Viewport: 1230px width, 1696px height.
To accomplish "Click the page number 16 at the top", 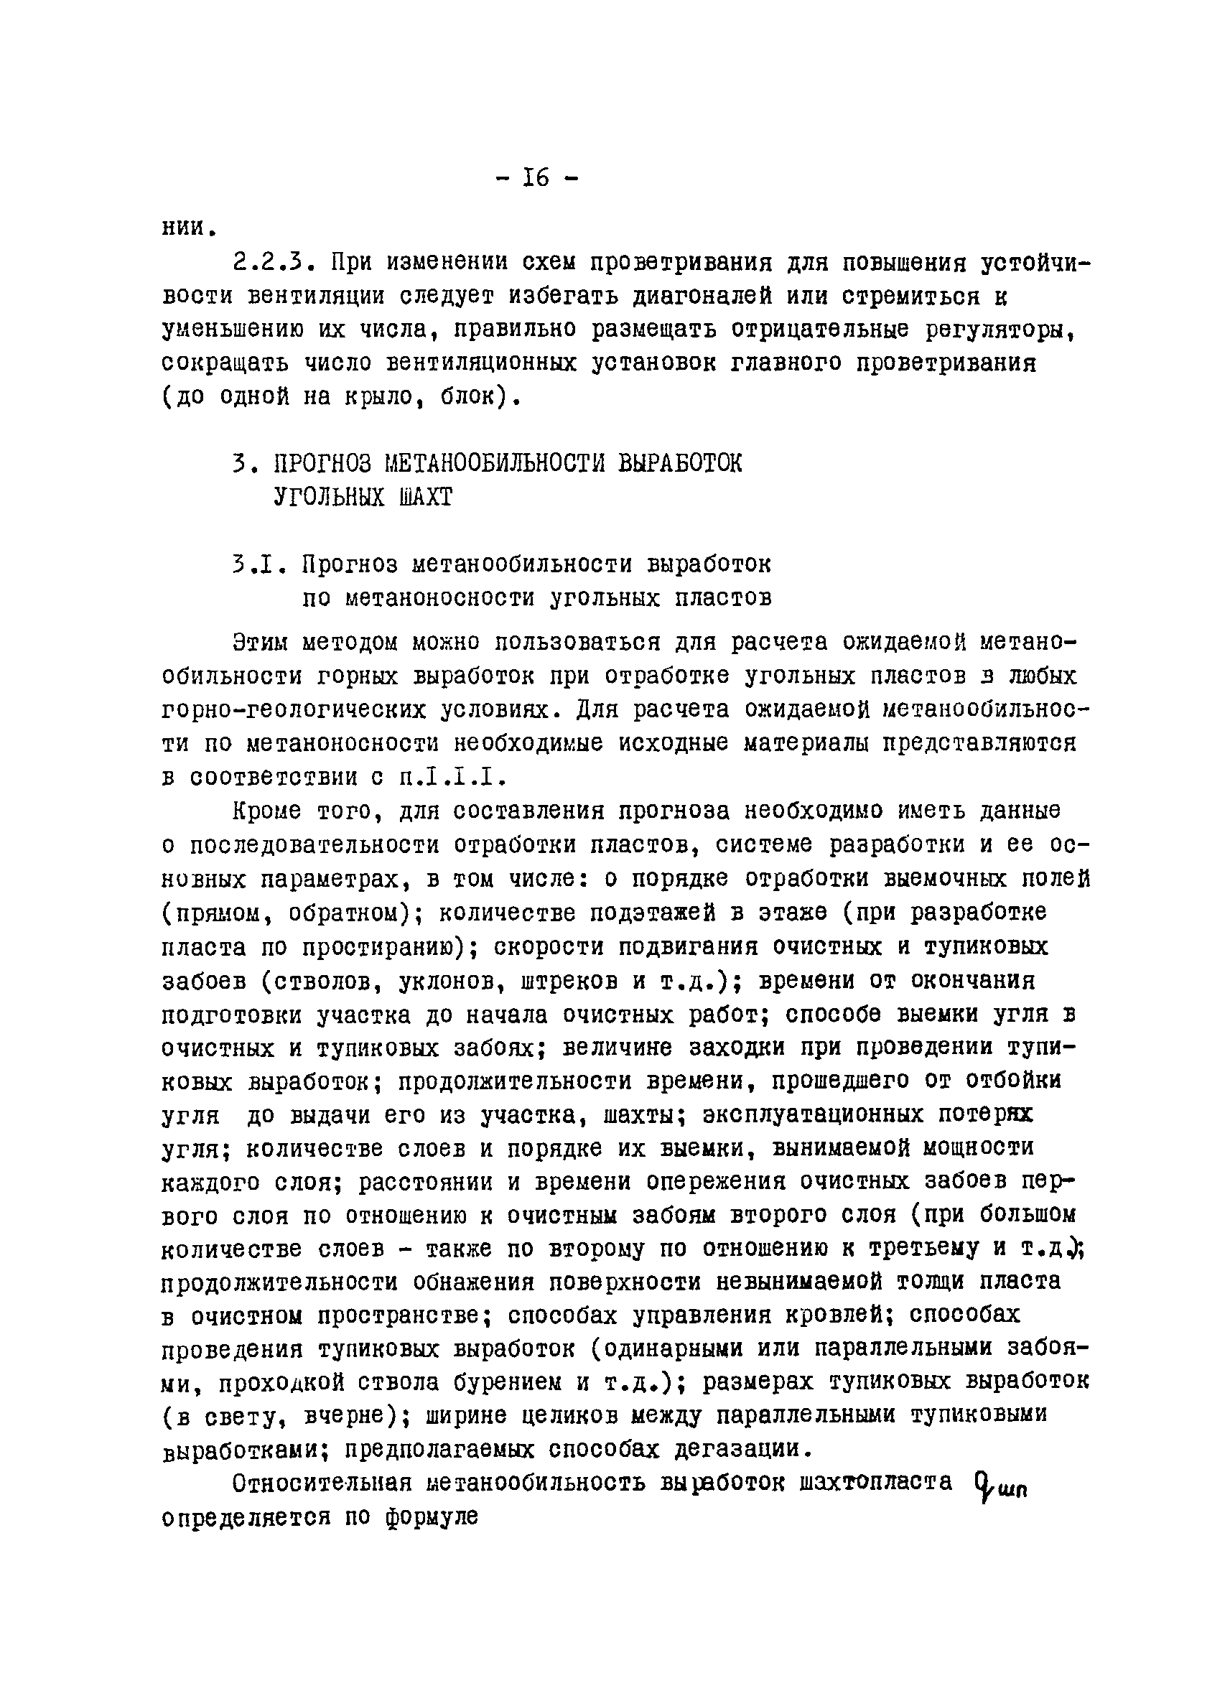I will tap(537, 179).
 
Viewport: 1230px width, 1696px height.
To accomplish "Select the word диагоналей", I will tap(702, 297).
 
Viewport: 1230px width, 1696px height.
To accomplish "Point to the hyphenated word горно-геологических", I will tap(302, 709).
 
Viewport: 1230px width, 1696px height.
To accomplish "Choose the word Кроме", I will tap(267, 811).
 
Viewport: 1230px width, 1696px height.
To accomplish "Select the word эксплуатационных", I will tap(812, 1116).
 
